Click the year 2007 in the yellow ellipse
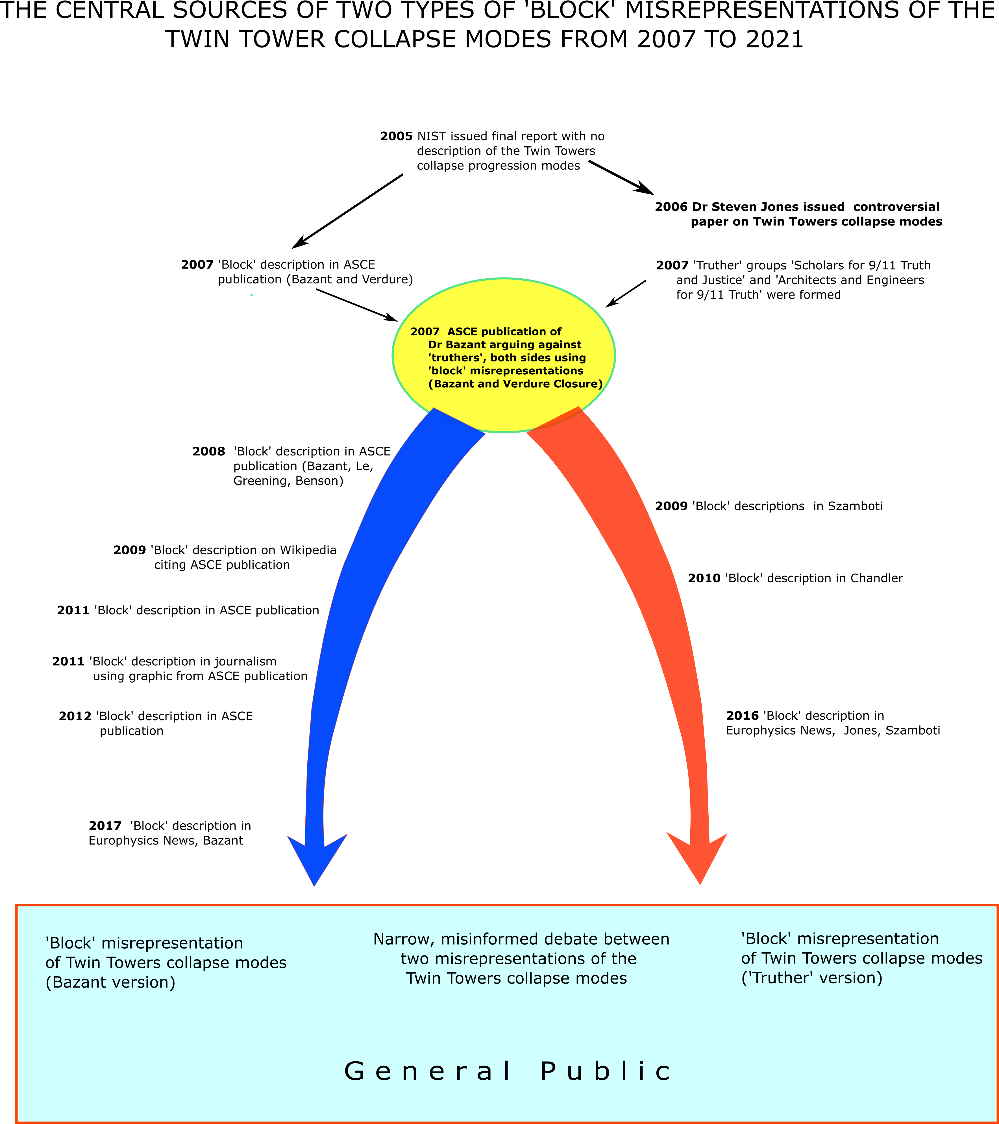tap(425, 332)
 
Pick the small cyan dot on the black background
tap(251, 295)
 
